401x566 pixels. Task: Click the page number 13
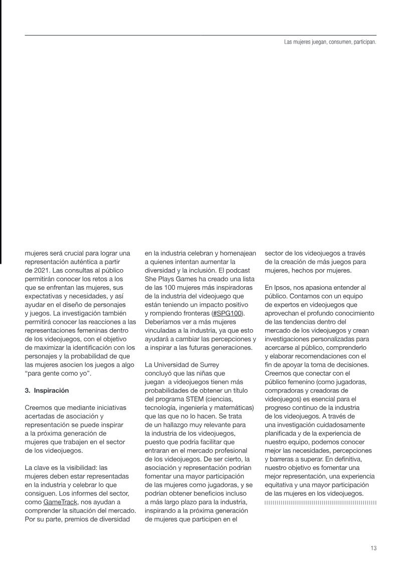pos(373,547)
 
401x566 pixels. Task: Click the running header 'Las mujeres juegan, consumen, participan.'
pos(330,42)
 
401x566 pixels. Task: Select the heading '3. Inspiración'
pos(50,390)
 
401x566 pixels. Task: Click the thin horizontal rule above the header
pos(200,35)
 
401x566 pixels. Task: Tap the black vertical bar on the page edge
pos(2,130)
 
